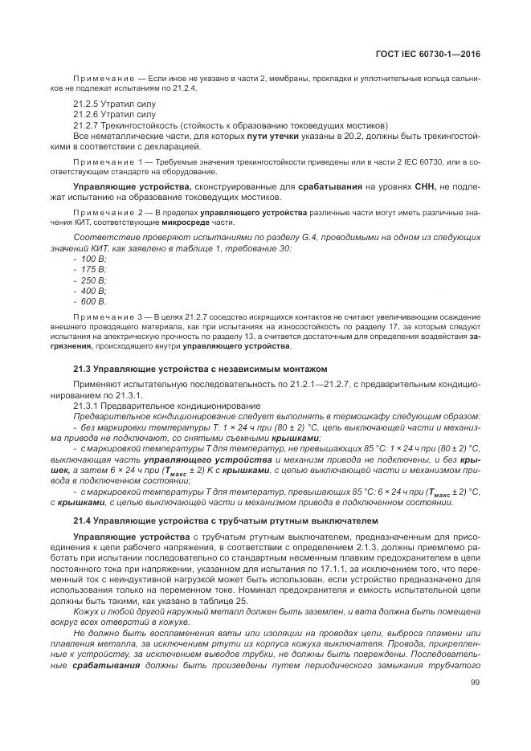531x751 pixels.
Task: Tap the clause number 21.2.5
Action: pyautogui.click(x=86, y=104)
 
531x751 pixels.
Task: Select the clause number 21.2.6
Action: pyautogui.click(x=86, y=115)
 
